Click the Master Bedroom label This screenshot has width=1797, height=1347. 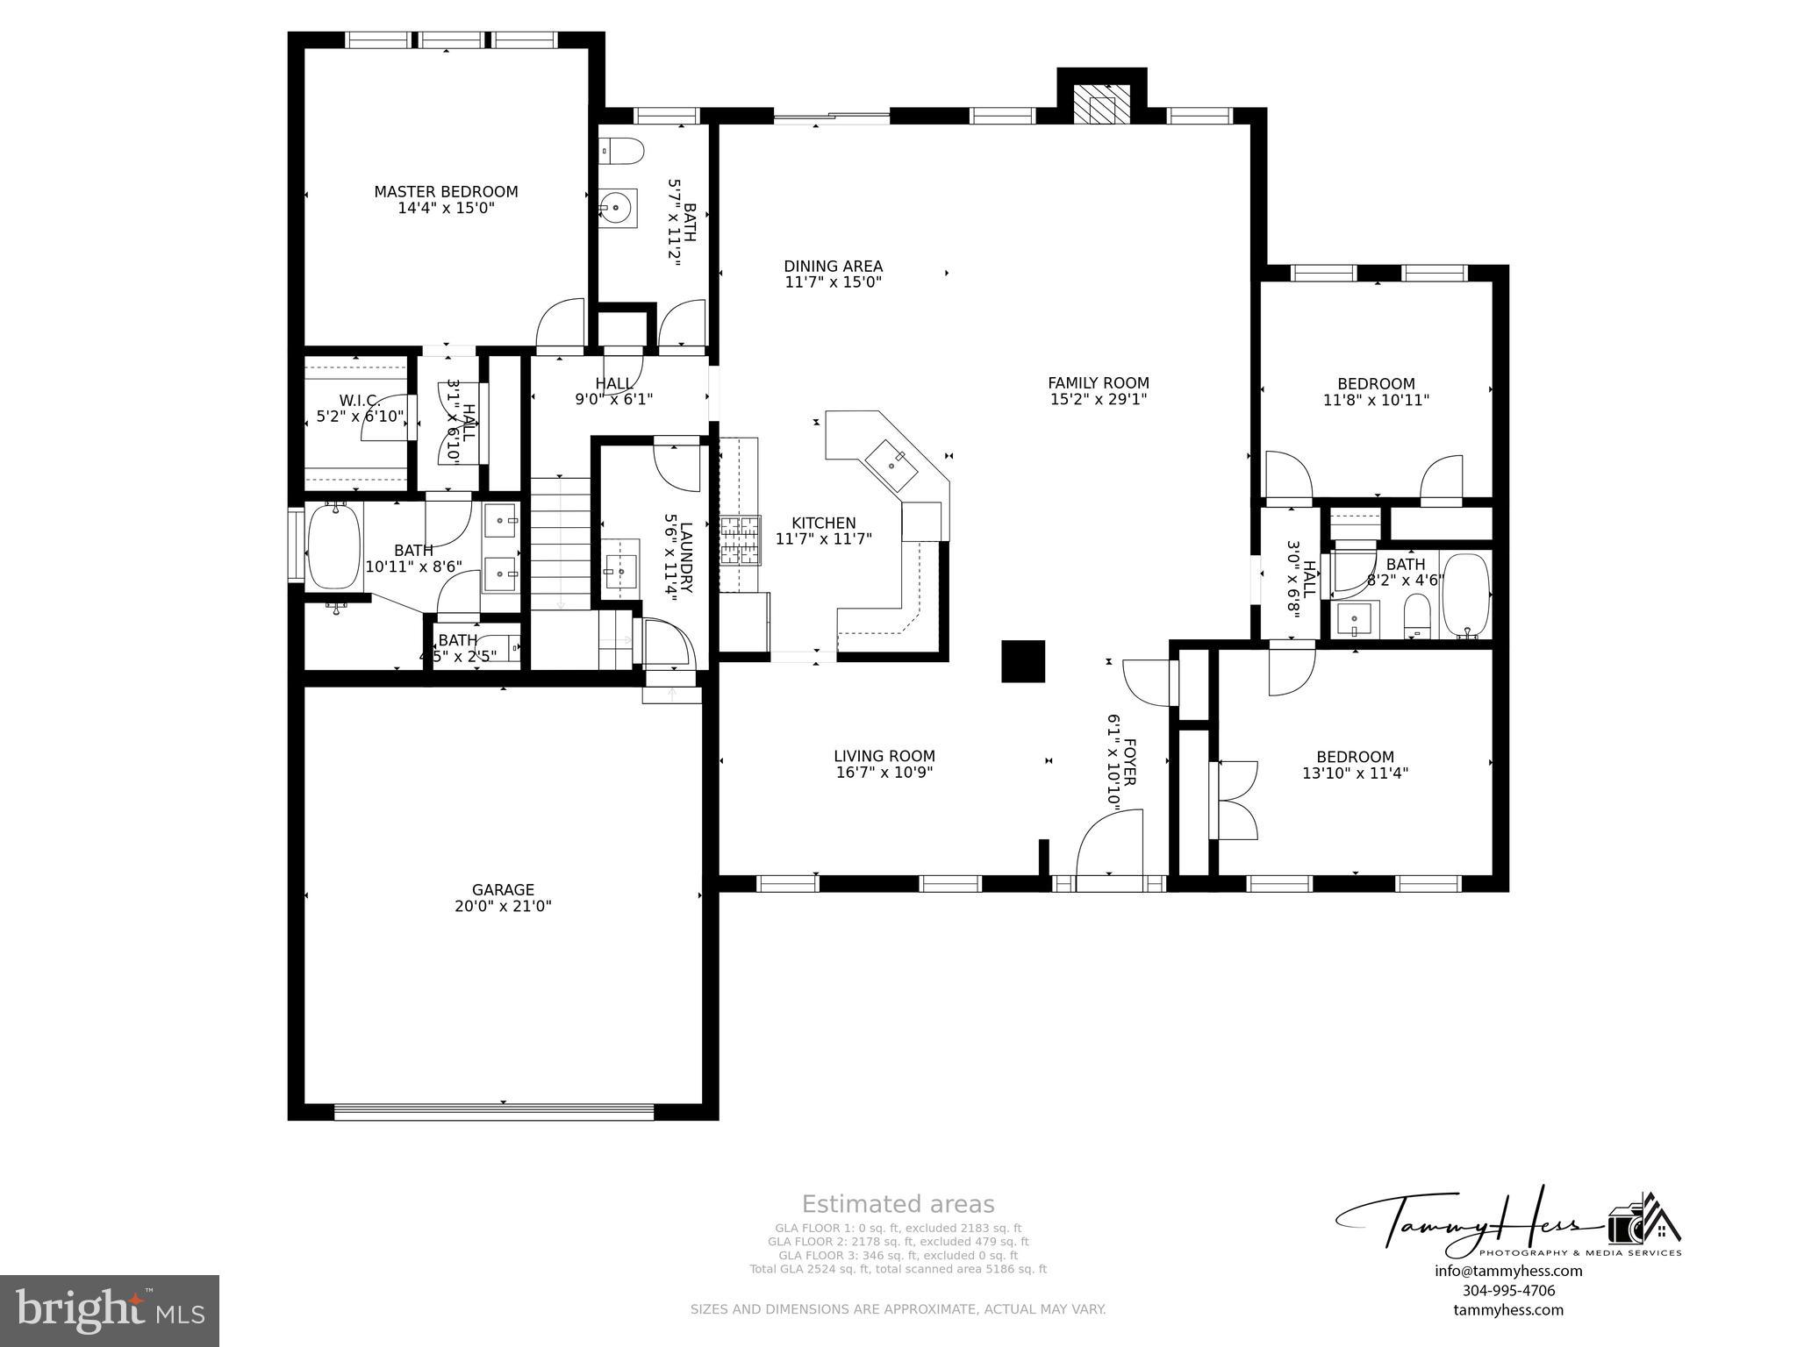pyautogui.click(x=446, y=192)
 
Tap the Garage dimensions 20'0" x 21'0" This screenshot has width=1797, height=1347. pyautogui.click(x=503, y=907)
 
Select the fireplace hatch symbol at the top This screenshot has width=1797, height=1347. pyautogui.click(x=1101, y=106)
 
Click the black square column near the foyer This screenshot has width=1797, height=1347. pyautogui.click(x=1023, y=661)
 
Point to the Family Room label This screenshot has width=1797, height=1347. pyautogui.click(x=1098, y=383)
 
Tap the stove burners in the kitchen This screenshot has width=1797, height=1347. pyautogui.click(x=739, y=542)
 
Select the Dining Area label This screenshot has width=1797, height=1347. pyautogui.click(x=833, y=267)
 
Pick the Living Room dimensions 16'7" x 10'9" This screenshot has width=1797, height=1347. pyautogui.click(x=884, y=773)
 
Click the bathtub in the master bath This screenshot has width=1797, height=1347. pyautogui.click(x=333, y=545)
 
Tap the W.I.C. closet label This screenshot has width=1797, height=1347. pyautogui.click(x=359, y=401)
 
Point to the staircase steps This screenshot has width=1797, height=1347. pyautogui.click(x=560, y=544)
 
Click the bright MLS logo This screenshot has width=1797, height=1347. pyautogui.click(x=110, y=1310)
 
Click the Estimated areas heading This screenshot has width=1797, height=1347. pyautogui.click(x=898, y=1204)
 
